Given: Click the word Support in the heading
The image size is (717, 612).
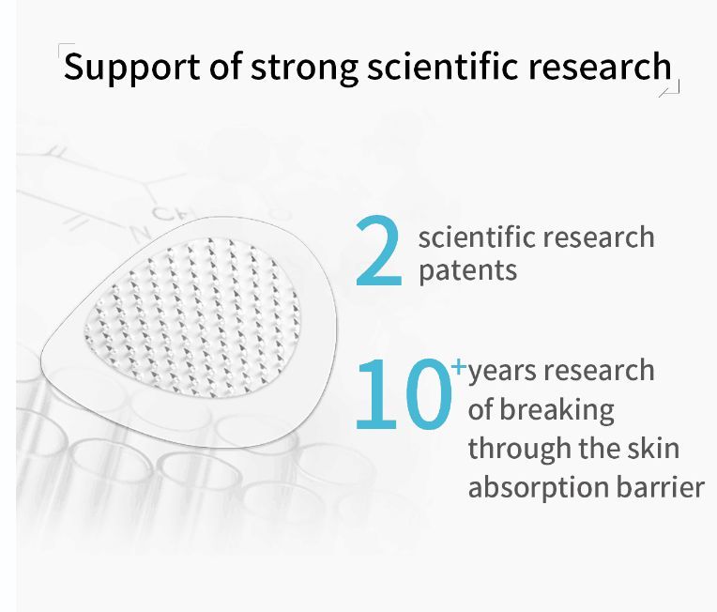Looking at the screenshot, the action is click(131, 68).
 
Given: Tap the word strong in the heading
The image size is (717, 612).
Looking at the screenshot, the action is click(304, 68).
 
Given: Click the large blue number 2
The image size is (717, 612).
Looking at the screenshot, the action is click(378, 251).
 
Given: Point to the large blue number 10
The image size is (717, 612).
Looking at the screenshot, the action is click(404, 394).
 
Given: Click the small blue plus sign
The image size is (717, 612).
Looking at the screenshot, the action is click(458, 366).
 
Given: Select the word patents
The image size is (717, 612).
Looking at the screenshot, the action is click(467, 270).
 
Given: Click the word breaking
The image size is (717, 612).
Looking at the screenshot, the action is click(557, 410).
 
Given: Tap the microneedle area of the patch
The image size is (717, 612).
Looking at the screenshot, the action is click(192, 318).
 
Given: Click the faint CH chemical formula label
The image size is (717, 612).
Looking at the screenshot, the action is click(168, 213).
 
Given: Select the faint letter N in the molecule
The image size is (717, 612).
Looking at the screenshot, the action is click(140, 234).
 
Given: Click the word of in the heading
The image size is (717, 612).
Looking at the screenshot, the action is click(225, 67).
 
